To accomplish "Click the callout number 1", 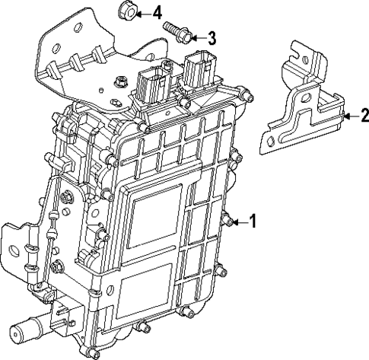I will [x=253, y=222].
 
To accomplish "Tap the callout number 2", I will [x=364, y=116].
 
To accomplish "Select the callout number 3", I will [x=212, y=37].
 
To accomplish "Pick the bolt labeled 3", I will [x=176, y=31].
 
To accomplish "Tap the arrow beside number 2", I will [x=348, y=116].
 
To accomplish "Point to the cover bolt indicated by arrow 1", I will [x=226, y=221].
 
